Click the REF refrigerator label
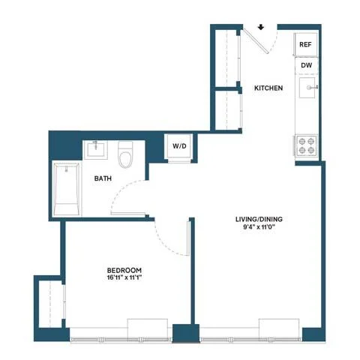pos(305,44)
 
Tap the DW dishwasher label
pos(307,65)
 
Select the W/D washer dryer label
pos(179,146)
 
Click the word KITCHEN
pos(268,88)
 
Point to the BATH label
pos(103,178)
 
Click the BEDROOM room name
pos(124,270)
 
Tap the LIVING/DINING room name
pos(259,219)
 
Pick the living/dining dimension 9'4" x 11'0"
pos(259,226)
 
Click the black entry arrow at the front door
pos(261,27)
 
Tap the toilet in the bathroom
pos(125,155)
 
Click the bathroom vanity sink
pos(95,150)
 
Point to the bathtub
pos(67,189)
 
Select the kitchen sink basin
pos(307,88)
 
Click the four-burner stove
pos(307,145)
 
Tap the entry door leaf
pos(256,40)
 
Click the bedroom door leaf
pos(188,238)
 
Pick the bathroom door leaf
pos(128,214)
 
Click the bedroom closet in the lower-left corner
pos(51,304)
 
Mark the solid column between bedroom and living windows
pos(186,333)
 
